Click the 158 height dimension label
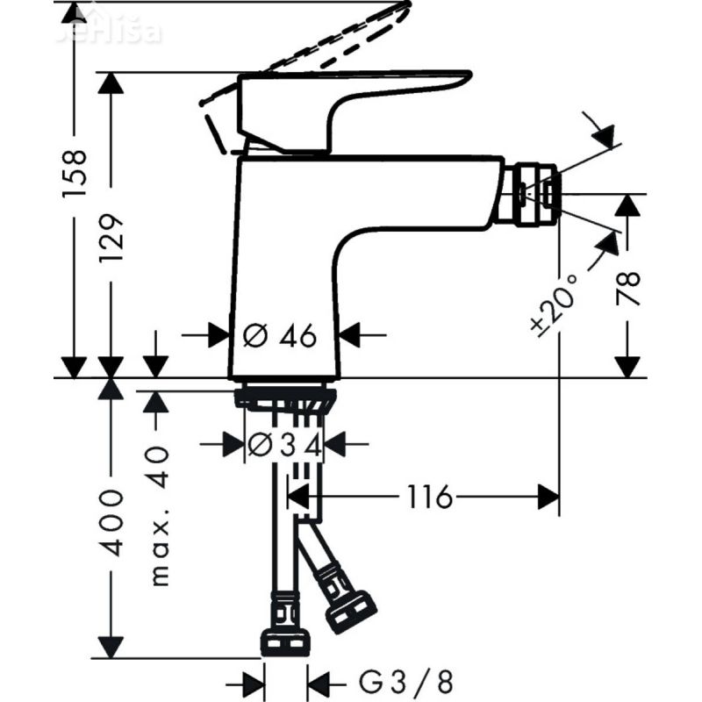click(x=76, y=171)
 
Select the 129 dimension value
click(x=112, y=240)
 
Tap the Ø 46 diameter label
click(x=279, y=335)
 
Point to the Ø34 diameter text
click(x=284, y=446)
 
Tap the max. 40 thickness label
click(x=159, y=515)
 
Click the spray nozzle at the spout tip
click(x=528, y=194)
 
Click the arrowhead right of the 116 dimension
click(x=548, y=498)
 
